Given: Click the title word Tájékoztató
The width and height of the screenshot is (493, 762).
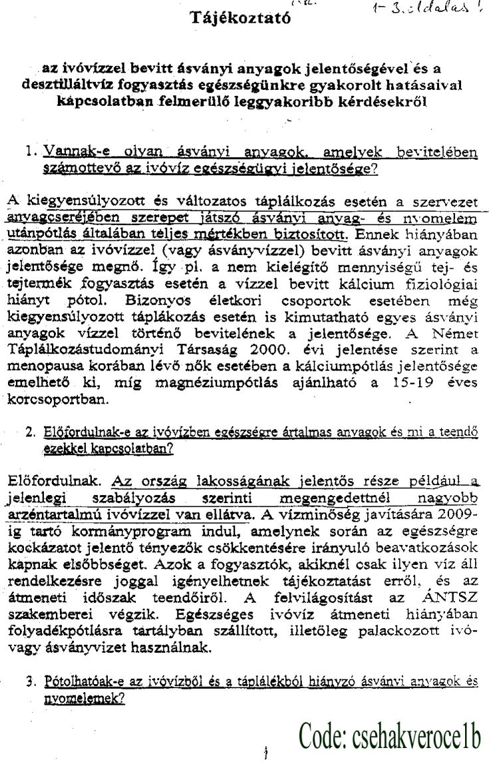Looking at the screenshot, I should tap(241, 18).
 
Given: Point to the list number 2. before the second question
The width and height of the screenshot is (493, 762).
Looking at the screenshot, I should tap(31, 432).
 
